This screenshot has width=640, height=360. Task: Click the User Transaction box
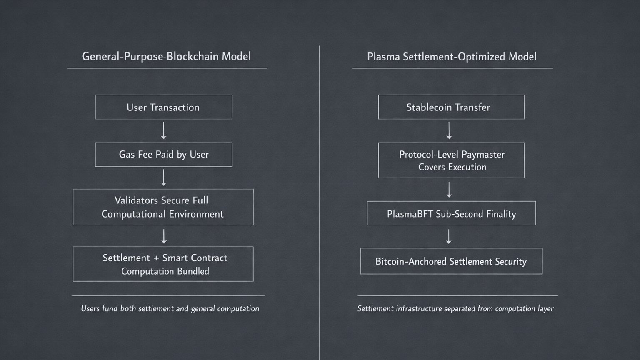[x=163, y=107]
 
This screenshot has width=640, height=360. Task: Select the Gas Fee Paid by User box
[x=163, y=155]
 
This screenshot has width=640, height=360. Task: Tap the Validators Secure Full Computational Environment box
[x=163, y=207]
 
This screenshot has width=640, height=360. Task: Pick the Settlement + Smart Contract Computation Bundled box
[x=163, y=264]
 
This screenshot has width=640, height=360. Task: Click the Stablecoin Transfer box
[x=451, y=107]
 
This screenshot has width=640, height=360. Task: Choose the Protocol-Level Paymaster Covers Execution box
[x=451, y=160]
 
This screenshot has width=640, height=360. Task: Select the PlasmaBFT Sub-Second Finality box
[x=451, y=213]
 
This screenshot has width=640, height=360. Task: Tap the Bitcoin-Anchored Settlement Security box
[x=451, y=261]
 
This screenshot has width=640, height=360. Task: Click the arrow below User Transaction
[x=164, y=131]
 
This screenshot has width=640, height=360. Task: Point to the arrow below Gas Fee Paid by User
[x=164, y=178]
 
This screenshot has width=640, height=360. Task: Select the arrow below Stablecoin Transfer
[x=449, y=131]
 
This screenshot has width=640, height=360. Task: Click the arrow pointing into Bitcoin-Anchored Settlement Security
[x=449, y=237]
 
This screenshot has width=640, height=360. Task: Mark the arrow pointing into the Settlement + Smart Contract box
[x=164, y=236]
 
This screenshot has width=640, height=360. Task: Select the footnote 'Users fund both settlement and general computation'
[x=170, y=309]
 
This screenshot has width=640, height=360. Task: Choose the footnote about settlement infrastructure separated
[x=455, y=309]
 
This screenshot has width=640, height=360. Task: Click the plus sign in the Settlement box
[x=156, y=258]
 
